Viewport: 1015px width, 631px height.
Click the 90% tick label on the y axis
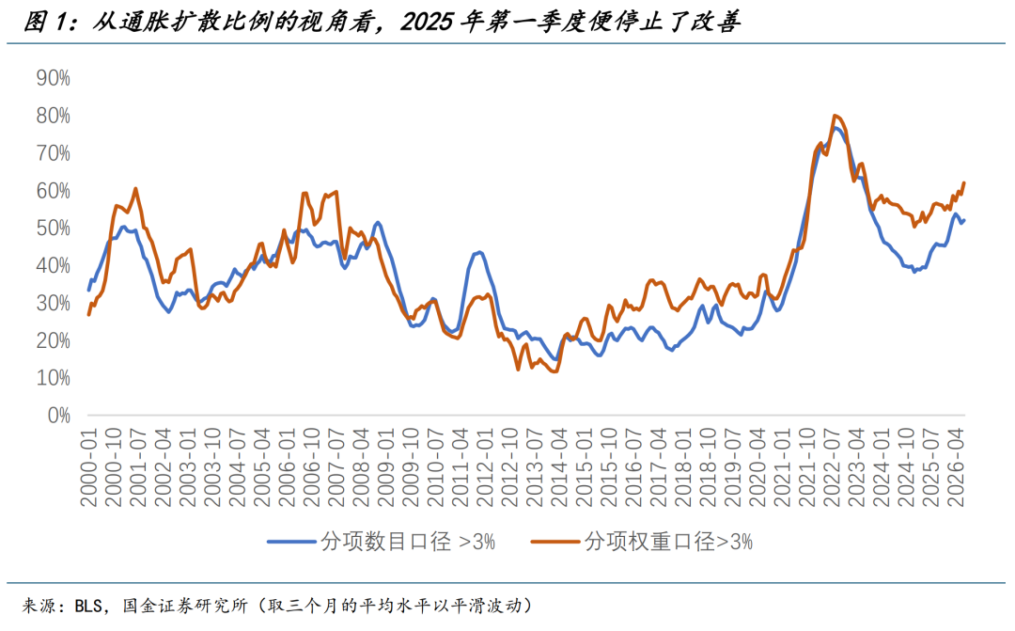(53, 78)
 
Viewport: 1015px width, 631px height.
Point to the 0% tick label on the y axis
(59, 416)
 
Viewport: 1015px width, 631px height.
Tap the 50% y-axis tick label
(53, 228)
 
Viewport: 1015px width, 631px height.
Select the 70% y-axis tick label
(53, 153)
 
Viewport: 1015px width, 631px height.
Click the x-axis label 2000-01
(88, 466)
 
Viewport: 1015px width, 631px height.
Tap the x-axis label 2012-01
(485, 466)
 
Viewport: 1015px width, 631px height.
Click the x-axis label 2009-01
(386, 466)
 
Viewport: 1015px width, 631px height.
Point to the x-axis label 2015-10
(609, 466)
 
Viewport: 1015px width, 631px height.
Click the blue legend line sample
(291, 541)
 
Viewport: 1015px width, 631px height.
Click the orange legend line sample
(555, 541)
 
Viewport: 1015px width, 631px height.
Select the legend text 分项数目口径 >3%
(409, 541)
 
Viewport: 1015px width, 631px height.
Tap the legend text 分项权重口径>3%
(669, 541)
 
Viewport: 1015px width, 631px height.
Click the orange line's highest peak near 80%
(835, 116)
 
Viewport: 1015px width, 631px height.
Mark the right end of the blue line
(964, 220)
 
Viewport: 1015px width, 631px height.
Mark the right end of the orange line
(964, 182)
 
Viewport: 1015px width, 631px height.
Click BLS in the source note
(88, 606)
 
